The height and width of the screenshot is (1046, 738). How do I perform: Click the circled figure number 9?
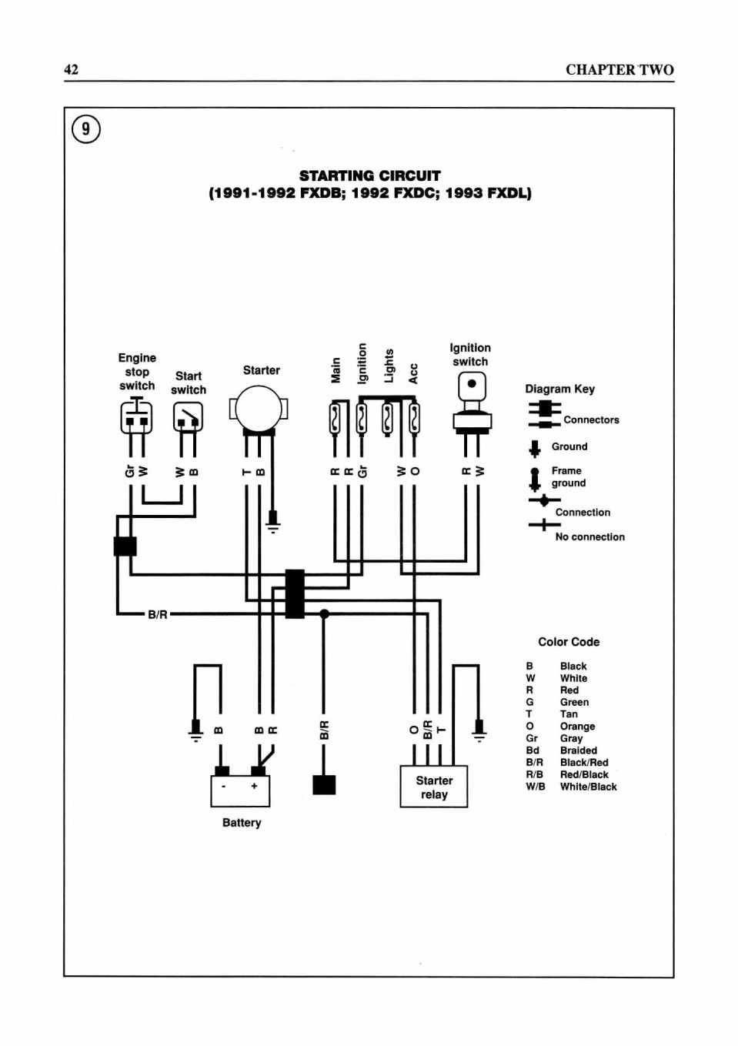86,129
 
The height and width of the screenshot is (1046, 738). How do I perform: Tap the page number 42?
71,69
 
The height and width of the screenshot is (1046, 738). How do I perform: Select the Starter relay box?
434,787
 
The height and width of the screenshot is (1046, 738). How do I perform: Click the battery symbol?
240,790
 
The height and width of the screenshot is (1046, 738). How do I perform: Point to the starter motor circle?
259,409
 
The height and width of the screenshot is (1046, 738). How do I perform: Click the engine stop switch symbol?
136,416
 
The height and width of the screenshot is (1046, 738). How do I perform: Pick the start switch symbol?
188,417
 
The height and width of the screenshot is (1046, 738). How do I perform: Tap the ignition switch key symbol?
472,402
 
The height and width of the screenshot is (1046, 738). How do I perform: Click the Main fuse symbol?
335,419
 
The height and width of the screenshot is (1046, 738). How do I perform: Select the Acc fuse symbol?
414,419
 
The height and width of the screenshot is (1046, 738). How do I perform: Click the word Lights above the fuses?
389,366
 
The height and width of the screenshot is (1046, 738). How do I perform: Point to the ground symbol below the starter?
273,521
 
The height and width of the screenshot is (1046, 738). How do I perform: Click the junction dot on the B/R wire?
324,613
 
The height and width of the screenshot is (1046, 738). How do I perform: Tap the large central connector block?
295,594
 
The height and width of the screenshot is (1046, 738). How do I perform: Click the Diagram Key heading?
559,389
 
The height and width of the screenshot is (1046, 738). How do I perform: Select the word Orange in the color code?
577,726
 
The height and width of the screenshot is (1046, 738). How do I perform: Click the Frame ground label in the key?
569,476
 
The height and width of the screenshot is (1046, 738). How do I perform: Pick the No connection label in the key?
589,537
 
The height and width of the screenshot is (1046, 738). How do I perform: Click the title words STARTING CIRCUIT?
369,176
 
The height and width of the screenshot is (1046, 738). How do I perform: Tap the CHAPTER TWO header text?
620,70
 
